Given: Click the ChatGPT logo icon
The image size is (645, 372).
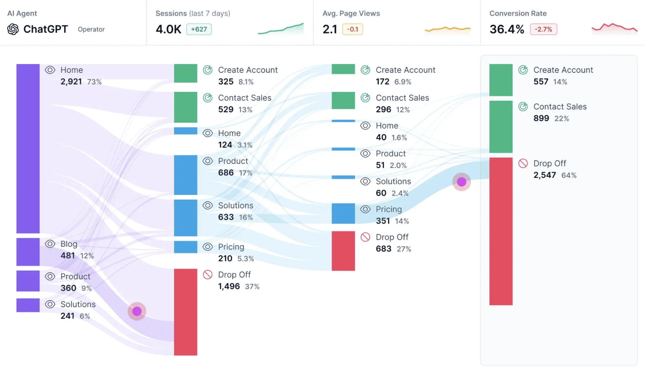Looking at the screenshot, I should [13, 29].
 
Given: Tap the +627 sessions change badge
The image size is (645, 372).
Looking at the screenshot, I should [199, 29].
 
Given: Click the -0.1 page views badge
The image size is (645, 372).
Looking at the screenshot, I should [352, 29].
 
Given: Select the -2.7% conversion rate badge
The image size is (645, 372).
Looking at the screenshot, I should [543, 29].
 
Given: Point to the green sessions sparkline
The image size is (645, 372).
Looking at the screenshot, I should [281, 29].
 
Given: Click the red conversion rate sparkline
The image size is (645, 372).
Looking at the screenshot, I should [614, 28].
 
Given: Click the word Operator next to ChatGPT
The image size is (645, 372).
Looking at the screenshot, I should [91, 29].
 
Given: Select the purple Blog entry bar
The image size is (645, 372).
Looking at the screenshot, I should [28, 252].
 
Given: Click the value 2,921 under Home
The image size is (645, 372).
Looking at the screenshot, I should [71, 82].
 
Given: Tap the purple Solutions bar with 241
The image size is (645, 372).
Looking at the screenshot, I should [28, 305].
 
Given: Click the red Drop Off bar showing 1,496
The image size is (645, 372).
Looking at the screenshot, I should [185, 312].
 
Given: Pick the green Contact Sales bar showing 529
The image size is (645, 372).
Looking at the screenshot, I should [185, 107].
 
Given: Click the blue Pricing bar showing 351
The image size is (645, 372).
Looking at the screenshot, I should [343, 213].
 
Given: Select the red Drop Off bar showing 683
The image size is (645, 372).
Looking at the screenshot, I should [343, 251].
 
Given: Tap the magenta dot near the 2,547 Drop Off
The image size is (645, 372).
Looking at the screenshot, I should [461, 182].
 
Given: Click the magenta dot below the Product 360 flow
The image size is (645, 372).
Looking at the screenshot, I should [137, 311].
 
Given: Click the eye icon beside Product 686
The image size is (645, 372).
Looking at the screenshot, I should [207, 161].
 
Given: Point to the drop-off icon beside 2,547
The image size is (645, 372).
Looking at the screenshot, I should [523, 163].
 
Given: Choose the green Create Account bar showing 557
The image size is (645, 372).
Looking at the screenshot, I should [501, 80].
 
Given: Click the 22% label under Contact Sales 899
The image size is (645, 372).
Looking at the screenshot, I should [561, 119].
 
